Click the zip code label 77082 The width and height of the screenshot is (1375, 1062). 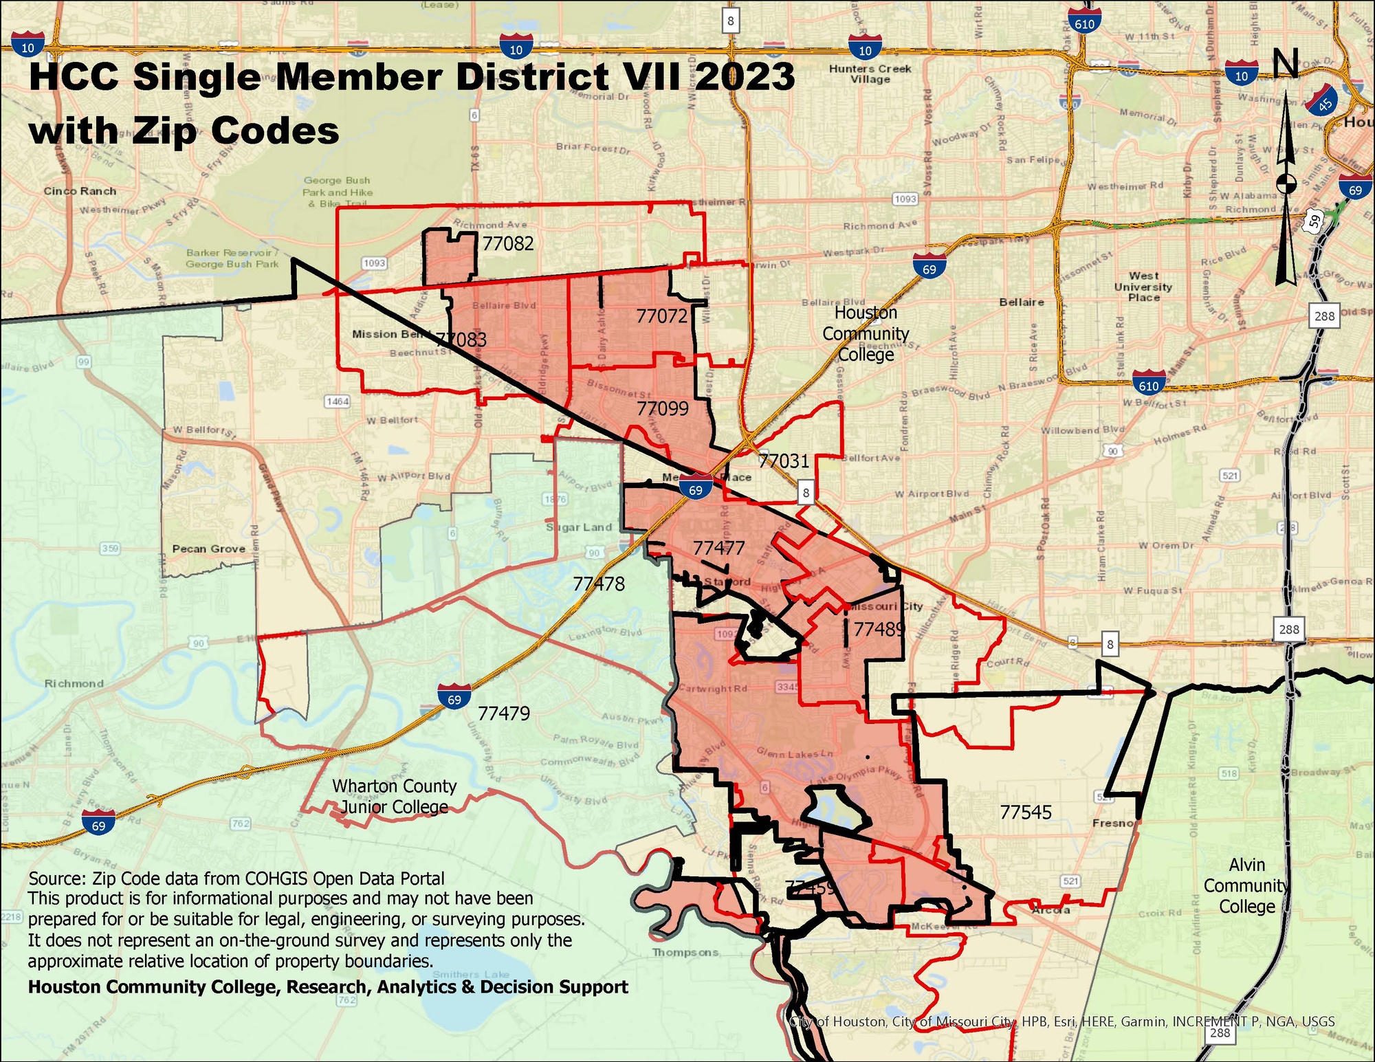[x=507, y=243]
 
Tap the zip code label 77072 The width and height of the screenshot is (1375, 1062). [x=661, y=316]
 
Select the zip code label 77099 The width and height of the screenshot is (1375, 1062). [x=662, y=408]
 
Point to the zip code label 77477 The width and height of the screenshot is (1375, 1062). [x=718, y=548]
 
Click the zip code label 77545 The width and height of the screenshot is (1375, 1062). [x=1025, y=812]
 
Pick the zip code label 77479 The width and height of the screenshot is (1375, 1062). [x=504, y=713]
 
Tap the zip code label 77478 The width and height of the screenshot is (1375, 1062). [x=599, y=584]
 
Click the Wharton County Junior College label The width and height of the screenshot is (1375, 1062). [x=395, y=796]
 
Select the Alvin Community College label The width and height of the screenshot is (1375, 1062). [x=1246, y=885]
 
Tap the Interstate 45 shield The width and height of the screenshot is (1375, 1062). [x=1323, y=101]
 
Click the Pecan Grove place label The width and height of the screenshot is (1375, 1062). [x=208, y=549]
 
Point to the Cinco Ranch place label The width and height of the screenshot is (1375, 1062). [x=80, y=191]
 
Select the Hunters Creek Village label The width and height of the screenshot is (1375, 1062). [x=870, y=74]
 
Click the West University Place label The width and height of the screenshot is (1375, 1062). [x=1143, y=287]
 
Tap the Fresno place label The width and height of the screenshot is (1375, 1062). [x=1112, y=823]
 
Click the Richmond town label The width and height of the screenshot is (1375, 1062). [x=74, y=683]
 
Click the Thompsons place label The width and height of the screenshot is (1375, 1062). [x=685, y=952]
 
